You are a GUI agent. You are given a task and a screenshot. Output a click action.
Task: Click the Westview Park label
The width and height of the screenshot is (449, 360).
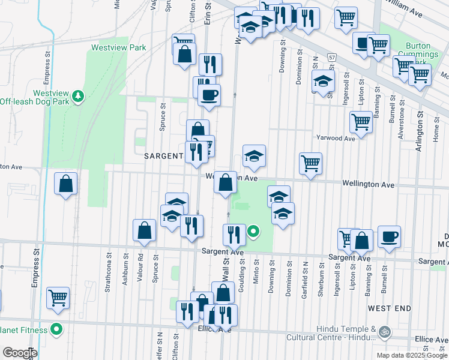click(118, 47)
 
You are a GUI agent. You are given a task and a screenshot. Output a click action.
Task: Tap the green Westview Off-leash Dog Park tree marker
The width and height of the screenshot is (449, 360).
click(77, 95)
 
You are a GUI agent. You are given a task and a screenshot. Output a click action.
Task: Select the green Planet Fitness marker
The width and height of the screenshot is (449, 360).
click(56, 329)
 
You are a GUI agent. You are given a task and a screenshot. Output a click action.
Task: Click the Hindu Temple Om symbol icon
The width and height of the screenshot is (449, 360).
click(384, 331)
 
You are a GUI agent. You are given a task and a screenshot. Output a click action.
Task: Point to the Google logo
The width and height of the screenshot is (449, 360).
click(19, 352)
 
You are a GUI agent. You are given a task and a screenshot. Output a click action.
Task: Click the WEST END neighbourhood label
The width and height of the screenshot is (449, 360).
click(390, 308)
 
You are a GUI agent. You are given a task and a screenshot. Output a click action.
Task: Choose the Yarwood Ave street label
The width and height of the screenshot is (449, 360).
click(336, 138)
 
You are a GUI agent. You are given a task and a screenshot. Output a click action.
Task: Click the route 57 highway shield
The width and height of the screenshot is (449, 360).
click(331, 56)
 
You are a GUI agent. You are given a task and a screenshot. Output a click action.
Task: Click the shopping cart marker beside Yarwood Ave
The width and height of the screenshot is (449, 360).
click(361, 121)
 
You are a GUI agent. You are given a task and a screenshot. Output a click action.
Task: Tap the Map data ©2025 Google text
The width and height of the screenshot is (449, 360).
click(412, 355)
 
